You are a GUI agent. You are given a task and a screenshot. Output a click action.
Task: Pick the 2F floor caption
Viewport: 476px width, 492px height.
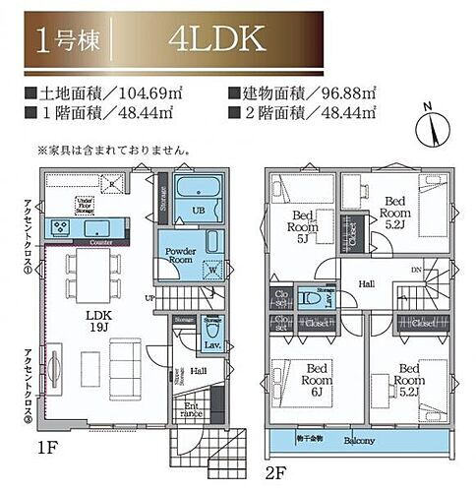point(274,469)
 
